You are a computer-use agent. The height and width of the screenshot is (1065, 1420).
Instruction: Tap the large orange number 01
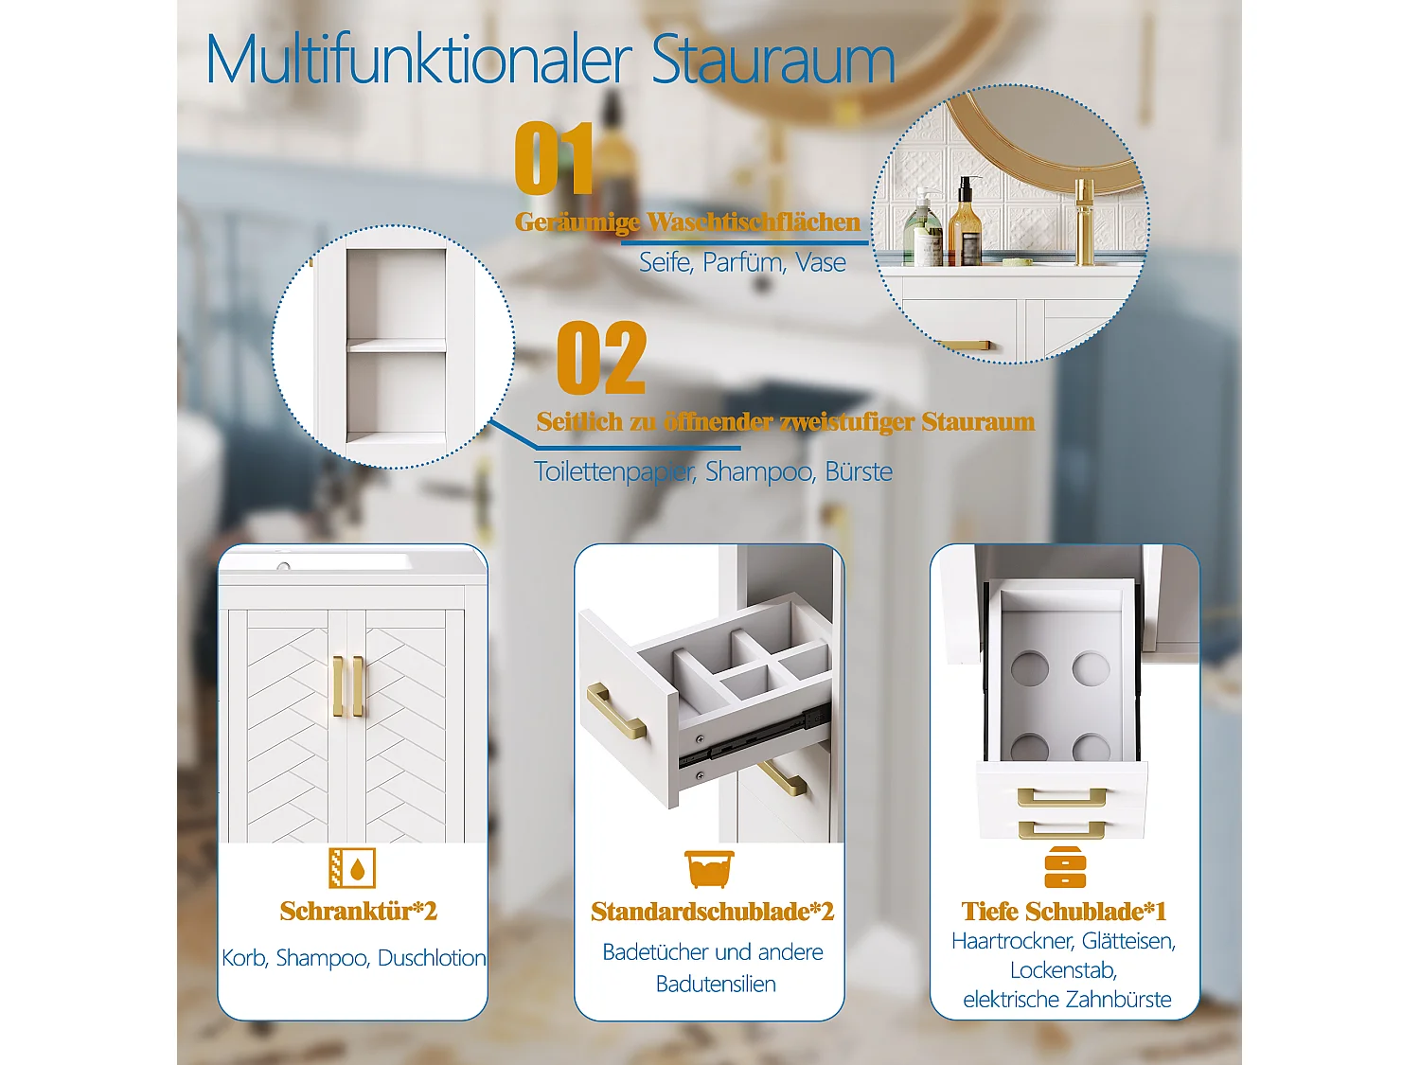click(x=554, y=158)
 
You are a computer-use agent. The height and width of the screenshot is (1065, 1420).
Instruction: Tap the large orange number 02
click(x=601, y=358)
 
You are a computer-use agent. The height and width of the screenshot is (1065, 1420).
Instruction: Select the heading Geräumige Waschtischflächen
click(x=687, y=222)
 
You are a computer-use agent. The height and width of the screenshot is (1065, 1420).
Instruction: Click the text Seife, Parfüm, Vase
click(x=742, y=262)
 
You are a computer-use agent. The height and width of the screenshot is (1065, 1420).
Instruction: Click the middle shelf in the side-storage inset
click(x=396, y=346)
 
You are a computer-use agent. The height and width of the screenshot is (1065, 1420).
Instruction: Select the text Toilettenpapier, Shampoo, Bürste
click(x=713, y=472)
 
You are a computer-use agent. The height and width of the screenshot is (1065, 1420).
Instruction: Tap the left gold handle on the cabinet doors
click(x=338, y=686)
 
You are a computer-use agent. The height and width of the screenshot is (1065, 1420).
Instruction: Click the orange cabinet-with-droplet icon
click(x=352, y=868)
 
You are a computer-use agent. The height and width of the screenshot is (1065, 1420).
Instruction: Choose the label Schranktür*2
click(x=359, y=911)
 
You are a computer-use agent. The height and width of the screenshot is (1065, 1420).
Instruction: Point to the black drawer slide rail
click(x=754, y=739)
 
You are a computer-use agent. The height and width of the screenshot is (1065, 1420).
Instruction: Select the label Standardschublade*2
click(x=712, y=912)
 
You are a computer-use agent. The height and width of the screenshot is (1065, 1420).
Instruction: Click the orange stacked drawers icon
click(x=1065, y=867)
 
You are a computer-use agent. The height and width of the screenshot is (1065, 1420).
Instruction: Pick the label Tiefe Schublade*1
click(x=1064, y=911)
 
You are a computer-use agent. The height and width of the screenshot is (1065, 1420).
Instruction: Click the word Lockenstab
click(x=1063, y=970)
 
